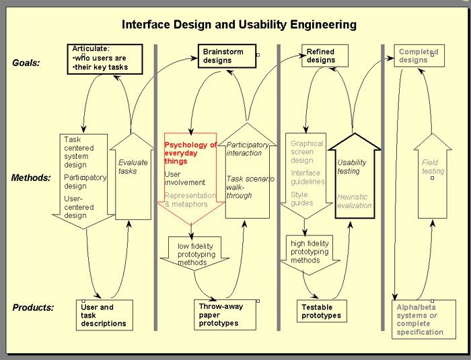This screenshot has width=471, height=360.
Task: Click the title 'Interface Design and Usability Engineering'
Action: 239,24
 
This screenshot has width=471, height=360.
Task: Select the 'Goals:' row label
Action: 26,63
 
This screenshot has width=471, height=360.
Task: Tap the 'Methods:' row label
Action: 31,178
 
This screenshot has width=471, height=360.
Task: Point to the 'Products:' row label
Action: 33,308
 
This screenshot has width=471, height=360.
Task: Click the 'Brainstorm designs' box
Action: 227,56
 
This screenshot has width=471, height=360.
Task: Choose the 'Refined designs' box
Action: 325,56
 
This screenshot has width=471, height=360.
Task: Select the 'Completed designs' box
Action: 419,56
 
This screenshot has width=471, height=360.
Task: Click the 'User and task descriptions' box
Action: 104,315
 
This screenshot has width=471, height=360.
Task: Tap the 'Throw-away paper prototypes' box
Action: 225,315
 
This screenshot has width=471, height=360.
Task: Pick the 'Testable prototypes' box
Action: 322,311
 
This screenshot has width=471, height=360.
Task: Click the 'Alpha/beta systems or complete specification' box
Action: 424,319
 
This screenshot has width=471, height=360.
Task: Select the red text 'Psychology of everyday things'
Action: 190,153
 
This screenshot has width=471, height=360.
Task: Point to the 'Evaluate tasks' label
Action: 133,167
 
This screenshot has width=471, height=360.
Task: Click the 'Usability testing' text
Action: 352,167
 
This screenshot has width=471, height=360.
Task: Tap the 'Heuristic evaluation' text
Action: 355,201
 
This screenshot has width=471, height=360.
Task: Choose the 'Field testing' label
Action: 433,167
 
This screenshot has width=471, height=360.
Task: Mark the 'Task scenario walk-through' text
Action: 250,187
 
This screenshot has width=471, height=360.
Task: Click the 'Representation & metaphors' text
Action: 190,200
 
